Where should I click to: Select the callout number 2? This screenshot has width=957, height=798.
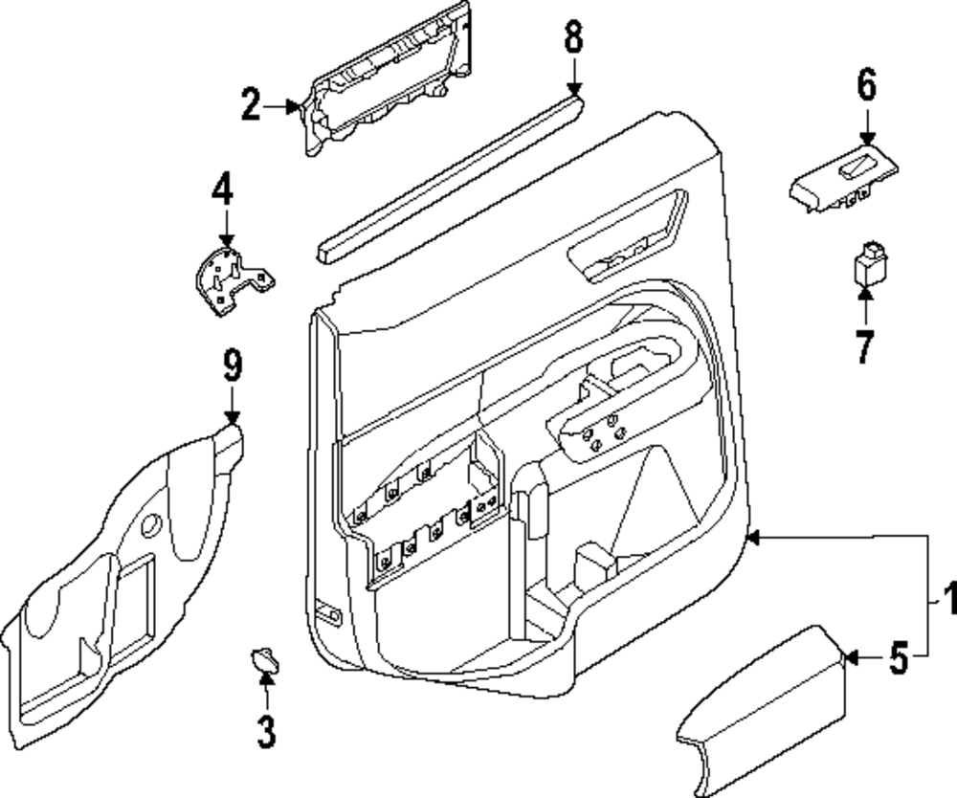[251, 104]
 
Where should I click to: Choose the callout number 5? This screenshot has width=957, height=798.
[899, 659]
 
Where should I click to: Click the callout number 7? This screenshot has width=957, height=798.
[864, 346]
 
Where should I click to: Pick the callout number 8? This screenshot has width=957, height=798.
[573, 36]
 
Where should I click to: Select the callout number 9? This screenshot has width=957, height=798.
[233, 366]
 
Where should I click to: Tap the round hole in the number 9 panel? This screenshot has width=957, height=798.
[151, 525]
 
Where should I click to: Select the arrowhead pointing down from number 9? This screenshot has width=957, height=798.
[232, 417]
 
